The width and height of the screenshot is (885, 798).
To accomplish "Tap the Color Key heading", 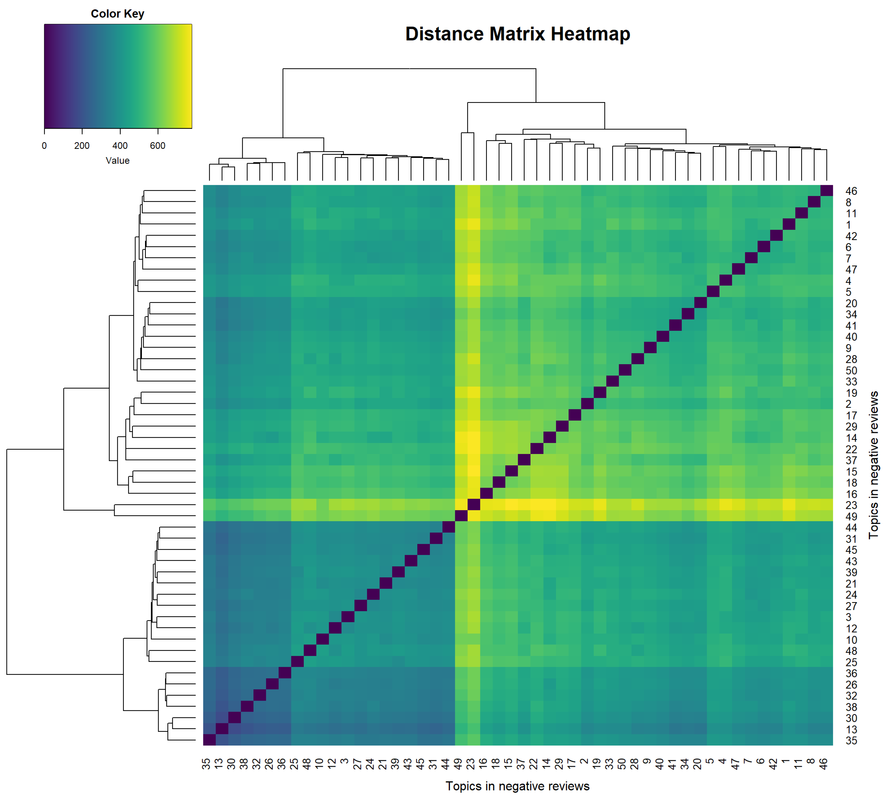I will tap(117, 14).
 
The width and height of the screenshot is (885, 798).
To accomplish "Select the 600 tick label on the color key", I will tap(158, 146).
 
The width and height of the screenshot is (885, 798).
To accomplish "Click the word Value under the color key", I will tap(117, 160).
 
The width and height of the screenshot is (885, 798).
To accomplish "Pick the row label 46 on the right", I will tap(851, 191).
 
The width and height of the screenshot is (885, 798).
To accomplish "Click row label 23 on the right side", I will tap(851, 505).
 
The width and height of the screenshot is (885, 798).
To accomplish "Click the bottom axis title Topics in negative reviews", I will tap(517, 786).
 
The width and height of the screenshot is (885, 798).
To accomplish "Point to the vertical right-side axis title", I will tap(874, 465).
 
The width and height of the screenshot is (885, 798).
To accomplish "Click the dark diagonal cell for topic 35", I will tap(210, 740).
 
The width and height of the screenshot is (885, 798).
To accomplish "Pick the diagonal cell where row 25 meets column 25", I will tap(297, 661).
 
